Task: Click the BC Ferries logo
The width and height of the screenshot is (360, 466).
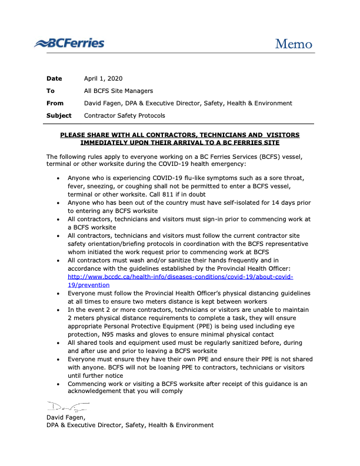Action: (x=69, y=43)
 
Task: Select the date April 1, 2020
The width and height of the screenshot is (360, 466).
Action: (x=104, y=78)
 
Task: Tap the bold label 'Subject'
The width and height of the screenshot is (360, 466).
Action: (x=59, y=115)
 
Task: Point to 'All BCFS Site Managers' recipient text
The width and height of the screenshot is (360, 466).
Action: (x=118, y=91)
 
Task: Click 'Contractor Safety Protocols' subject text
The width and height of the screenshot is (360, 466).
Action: (x=125, y=115)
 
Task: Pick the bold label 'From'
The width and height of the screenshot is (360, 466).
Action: (x=55, y=103)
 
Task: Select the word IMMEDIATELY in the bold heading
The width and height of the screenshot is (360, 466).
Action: (x=106, y=142)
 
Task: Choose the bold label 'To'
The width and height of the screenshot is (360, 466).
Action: (x=51, y=91)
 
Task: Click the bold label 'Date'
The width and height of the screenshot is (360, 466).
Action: (x=54, y=78)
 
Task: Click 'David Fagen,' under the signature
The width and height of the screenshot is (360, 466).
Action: (x=66, y=417)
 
